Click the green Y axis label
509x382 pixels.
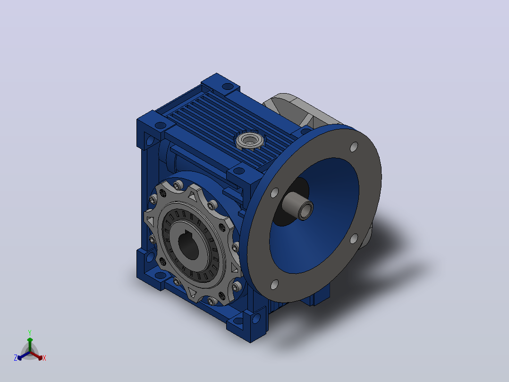click(x=30, y=333)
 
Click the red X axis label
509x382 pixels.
click(x=44, y=358)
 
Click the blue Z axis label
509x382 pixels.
click(x=16, y=358)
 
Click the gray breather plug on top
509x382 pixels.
click(x=249, y=141)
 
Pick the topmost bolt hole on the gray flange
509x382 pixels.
click(x=354, y=147)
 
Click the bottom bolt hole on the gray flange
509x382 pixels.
click(x=274, y=285)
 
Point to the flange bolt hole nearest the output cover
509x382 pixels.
click(x=274, y=192)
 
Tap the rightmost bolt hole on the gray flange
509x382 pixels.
click(x=354, y=239)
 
